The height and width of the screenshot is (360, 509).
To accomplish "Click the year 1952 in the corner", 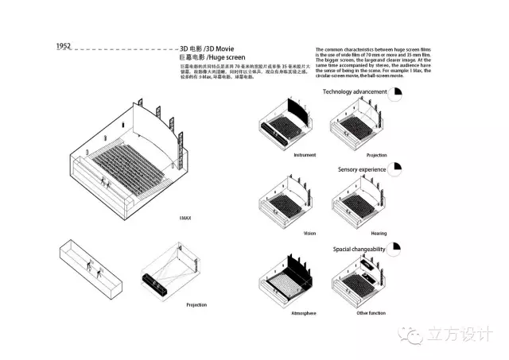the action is pyautogui.click(x=64, y=46).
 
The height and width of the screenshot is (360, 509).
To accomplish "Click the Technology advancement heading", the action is pyautogui.click(x=354, y=92).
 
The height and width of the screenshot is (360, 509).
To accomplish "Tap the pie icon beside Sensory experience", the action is pyautogui.click(x=399, y=170).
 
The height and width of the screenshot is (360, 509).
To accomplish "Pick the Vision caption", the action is pyautogui.click(x=309, y=234).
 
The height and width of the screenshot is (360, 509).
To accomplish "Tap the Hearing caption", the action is pyautogui.click(x=378, y=234).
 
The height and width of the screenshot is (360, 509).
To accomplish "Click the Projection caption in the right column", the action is pyautogui.click(x=376, y=154).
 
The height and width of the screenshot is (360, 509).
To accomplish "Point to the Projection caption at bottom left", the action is pyautogui.click(x=196, y=305).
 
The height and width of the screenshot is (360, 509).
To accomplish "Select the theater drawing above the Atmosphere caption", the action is pyautogui.click(x=286, y=281).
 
